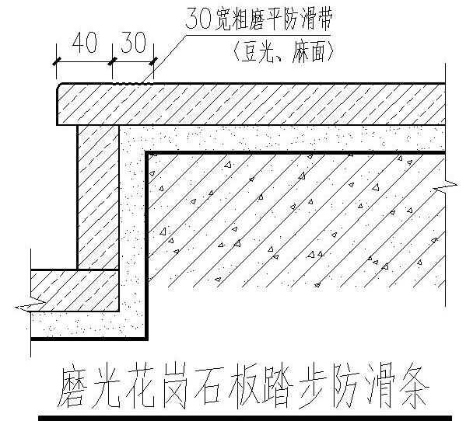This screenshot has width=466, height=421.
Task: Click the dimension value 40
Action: coord(84,43)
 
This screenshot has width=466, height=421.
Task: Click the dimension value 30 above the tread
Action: coord(134,42)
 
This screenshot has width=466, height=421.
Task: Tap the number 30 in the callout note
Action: coord(198,19)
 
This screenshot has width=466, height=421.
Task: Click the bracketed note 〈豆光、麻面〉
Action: coord(283,51)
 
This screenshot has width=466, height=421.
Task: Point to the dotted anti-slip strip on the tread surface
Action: coord(133,84)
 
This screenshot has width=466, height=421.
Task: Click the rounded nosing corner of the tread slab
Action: coord(59,86)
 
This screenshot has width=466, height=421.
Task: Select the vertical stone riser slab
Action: coord(98,197)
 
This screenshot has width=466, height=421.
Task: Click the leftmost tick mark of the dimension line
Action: coord(57,61)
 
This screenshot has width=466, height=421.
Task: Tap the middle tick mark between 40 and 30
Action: coord(112,61)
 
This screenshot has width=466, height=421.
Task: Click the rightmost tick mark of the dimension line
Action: coord(154,61)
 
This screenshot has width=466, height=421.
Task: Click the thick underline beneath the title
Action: coord(245,418)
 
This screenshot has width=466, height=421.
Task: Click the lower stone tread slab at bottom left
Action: coord(75,291)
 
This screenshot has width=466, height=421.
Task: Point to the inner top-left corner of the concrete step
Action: coord(146,152)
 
